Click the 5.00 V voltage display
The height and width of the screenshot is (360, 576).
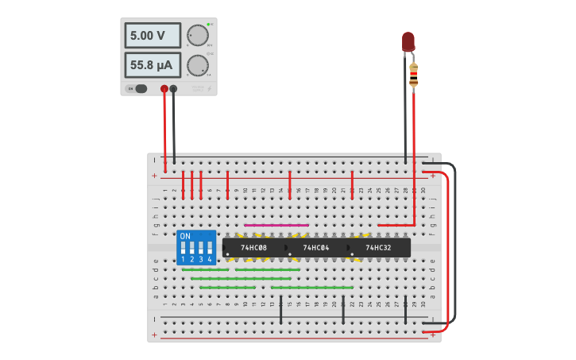tap(152, 36)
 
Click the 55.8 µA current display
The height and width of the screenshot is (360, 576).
tap(152, 64)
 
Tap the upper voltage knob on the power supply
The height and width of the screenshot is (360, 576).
tap(197, 36)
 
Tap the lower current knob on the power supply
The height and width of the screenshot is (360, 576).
tap(197, 65)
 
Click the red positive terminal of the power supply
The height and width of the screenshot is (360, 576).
tap(164, 89)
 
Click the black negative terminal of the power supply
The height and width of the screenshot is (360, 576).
tap(173, 89)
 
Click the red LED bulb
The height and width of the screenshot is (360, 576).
tap(408, 41)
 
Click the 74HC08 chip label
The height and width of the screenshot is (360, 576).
tap(254, 248)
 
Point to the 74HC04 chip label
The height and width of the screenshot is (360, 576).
tap(316, 248)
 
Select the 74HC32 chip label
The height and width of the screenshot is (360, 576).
tap(378, 248)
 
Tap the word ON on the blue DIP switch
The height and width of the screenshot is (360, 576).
tap(185, 237)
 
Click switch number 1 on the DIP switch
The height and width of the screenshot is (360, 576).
tap(184, 248)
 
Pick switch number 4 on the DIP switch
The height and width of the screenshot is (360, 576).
tap(210, 248)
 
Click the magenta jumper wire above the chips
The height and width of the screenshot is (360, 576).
tap(276, 225)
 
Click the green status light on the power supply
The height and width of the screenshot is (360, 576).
tap(208, 25)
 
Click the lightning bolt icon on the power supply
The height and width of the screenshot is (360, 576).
tap(209, 89)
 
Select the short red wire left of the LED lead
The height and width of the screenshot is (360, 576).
tap(395, 225)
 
